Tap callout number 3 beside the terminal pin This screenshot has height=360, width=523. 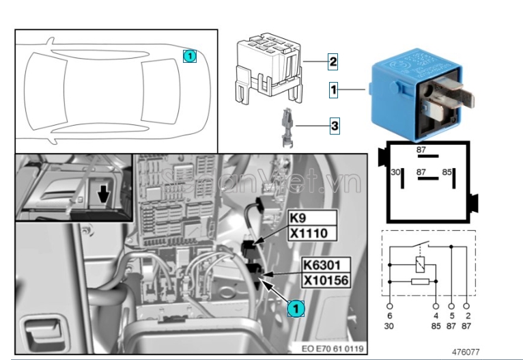pos(334,126)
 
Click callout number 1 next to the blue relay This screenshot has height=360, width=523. pos(334,89)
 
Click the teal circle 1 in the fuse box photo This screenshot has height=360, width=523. pos(294,309)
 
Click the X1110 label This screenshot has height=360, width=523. pos(309,234)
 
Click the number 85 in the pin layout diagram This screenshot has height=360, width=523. pos(447,172)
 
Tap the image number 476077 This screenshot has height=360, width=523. pos(466,352)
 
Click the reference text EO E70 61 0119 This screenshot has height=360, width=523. pos(334,348)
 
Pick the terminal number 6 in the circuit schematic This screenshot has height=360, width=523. pos(389,316)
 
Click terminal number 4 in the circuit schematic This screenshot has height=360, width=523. pos(436,316)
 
